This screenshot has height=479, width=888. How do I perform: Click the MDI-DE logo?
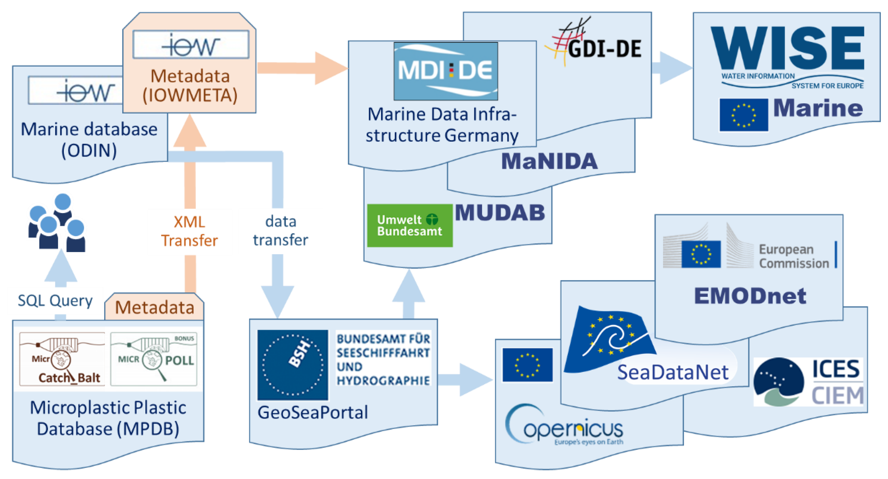[445, 71]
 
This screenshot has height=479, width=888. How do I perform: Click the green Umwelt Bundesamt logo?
[409, 225]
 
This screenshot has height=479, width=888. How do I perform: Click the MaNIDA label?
[549, 161]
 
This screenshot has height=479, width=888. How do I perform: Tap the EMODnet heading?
[750, 296]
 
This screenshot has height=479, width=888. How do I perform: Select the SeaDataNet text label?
[673, 372]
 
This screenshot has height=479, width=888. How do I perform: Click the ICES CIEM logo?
[808, 382]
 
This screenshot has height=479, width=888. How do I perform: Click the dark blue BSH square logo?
[292, 364]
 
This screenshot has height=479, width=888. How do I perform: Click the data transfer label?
[280, 231]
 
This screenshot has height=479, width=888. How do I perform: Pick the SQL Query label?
[55, 301]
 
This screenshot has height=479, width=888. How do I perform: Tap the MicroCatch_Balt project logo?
[62, 359]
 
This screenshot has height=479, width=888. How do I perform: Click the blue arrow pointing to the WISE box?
[670, 68]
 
